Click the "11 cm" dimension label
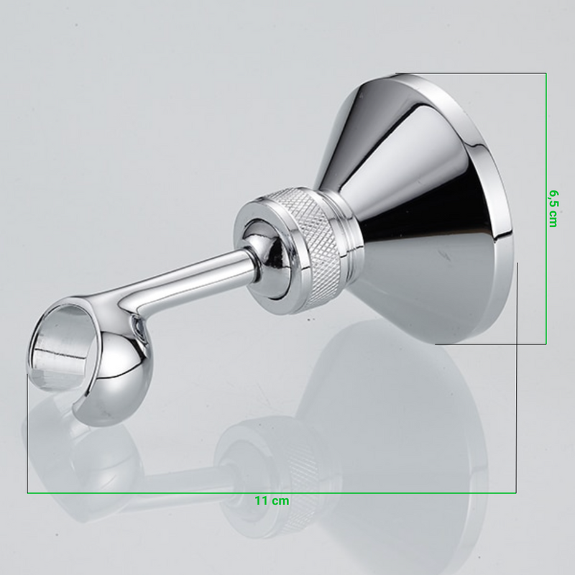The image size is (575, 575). (x=272, y=500)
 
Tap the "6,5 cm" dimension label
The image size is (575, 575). (x=553, y=208)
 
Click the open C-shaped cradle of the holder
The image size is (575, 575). (x=92, y=363)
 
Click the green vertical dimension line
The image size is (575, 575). (x=546, y=208)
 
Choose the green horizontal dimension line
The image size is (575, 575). (x=272, y=493)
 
